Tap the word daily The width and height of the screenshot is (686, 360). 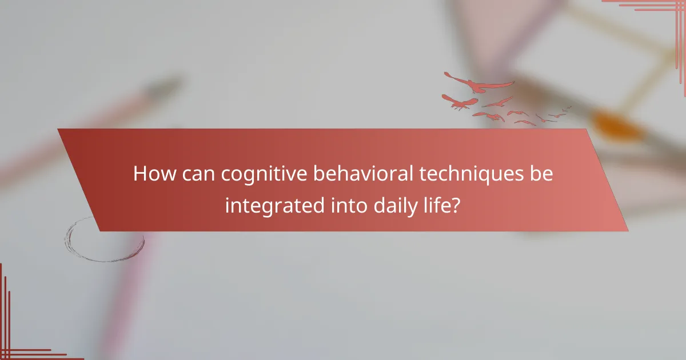396,205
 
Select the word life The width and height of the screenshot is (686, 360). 440,205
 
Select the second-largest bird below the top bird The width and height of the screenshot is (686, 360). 461,103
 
